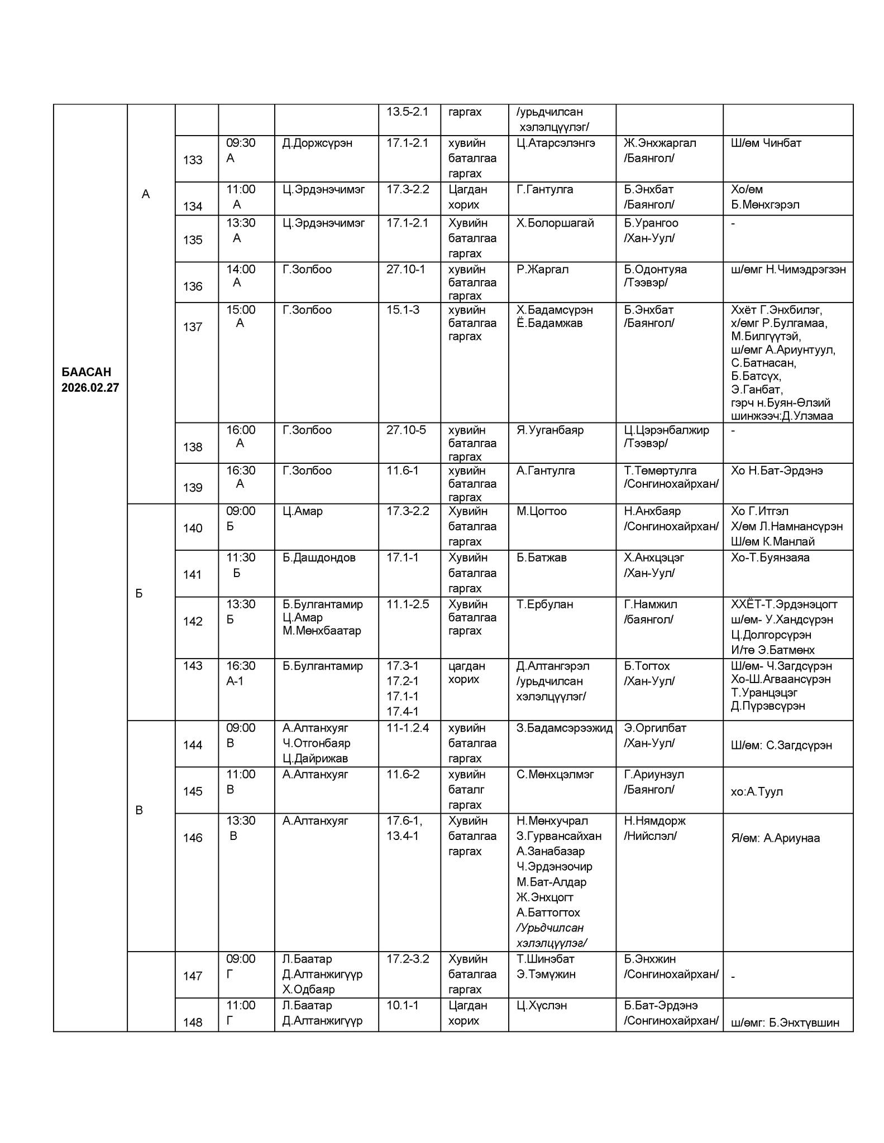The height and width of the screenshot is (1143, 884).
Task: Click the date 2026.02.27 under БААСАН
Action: (x=90, y=387)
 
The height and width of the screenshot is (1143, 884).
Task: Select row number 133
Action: (x=193, y=160)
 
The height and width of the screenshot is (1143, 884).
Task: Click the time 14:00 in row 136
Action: (x=241, y=269)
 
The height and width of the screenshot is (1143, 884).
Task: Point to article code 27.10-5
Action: (x=406, y=430)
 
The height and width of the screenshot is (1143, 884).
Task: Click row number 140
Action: (x=193, y=528)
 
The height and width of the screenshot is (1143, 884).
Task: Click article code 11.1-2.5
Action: (x=408, y=604)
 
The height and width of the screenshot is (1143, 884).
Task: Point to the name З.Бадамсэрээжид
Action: (x=564, y=728)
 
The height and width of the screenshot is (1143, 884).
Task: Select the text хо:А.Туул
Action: (x=757, y=791)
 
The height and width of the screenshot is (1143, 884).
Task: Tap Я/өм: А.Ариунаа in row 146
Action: (x=775, y=838)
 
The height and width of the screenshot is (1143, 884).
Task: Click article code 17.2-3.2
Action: (x=408, y=959)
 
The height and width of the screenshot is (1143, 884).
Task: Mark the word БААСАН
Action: (x=86, y=372)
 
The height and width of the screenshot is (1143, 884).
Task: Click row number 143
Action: (x=193, y=666)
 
